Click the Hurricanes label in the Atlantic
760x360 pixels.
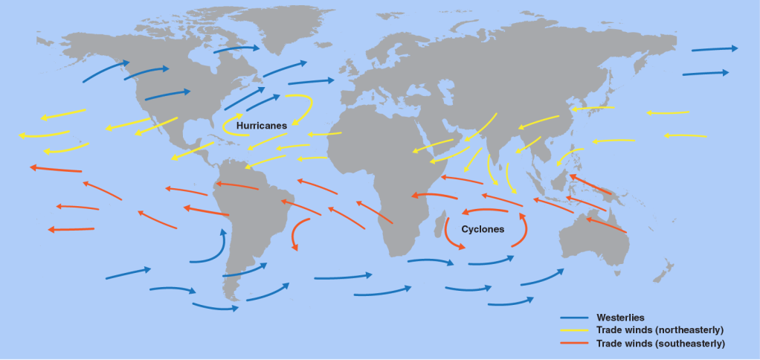click(261, 126)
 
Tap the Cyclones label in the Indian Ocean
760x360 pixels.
click(483, 229)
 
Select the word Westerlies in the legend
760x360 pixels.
click(620, 318)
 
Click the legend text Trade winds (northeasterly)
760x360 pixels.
click(660, 330)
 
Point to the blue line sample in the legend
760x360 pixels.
click(575, 318)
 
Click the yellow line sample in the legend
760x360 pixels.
click(575, 331)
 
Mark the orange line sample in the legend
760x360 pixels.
click(575, 344)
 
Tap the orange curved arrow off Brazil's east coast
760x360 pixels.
click(296, 233)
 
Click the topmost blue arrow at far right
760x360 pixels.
click(714, 49)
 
